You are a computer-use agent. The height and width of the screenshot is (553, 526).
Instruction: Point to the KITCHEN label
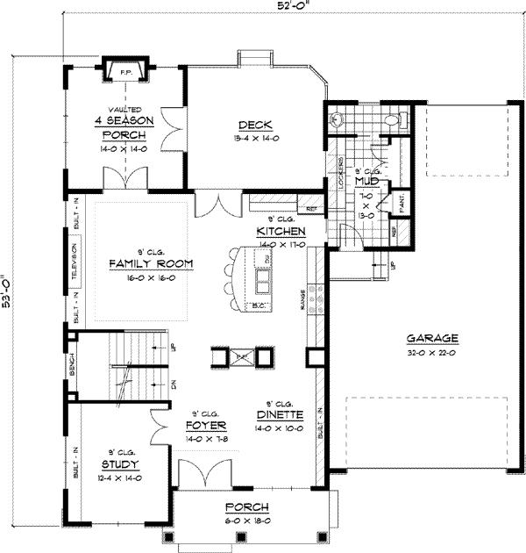(x=280, y=231)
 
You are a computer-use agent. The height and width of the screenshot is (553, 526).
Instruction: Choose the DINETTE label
(x=280, y=414)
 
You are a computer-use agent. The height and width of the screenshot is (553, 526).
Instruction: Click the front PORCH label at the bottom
(x=246, y=507)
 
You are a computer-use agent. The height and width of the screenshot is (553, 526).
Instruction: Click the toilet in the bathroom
(x=396, y=117)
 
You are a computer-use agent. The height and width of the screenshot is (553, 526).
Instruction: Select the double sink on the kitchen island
(x=260, y=280)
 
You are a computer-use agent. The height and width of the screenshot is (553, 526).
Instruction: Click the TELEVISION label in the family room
(x=76, y=262)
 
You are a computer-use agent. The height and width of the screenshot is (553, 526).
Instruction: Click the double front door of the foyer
(x=206, y=475)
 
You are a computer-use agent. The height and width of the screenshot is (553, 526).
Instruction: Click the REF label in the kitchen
(x=311, y=209)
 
